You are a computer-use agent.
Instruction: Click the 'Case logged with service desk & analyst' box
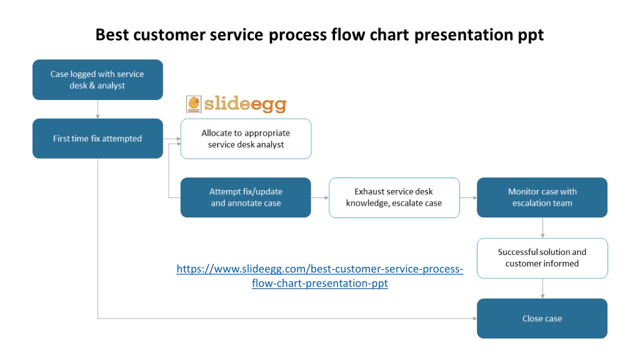(x=97, y=79)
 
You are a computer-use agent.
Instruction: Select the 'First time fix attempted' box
(x=97, y=138)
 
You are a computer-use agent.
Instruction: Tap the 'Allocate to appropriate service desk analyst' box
(x=246, y=139)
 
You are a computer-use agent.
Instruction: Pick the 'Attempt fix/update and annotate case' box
(x=246, y=197)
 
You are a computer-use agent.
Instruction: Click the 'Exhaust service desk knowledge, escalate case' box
(x=394, y=197)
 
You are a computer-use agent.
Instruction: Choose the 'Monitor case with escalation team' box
(x=542, y=197)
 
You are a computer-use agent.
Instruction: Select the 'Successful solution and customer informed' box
(x=542, y=258)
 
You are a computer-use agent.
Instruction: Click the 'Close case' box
(x=542, y=318)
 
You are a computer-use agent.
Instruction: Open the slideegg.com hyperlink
(x=320, y=276)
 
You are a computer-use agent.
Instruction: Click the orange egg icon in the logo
(x=194, y=104)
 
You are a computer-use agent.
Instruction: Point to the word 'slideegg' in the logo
(x=245, y=104)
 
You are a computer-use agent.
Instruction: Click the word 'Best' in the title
(x=112, y=35)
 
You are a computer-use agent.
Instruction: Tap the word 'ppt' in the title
(x=531, y=36)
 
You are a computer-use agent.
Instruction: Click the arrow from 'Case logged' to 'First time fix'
(x=97, y=109)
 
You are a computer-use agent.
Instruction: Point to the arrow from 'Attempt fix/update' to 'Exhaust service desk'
(x=320, y=197)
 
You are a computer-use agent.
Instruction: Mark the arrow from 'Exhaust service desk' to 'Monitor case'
(x=469, y=197)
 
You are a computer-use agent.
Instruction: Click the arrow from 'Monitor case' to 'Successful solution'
(x=542, y=227)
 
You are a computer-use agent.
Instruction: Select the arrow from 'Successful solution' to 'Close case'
(x=542, y=289)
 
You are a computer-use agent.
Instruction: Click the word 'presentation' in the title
(x=464, y=36)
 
